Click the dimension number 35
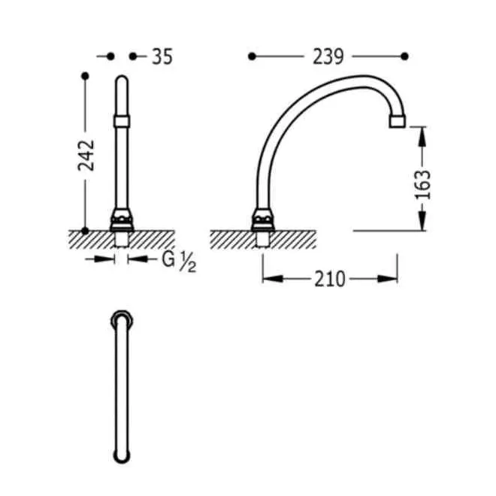[162, 57]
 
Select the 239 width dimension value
[328, 57]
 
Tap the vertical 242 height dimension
[86, 156]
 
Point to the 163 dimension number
[422, 185]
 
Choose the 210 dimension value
[330, 280]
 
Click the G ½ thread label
[179, 262]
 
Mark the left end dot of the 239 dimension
[252, 56]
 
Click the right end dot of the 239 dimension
[404, 56]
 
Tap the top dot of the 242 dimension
[85, 76]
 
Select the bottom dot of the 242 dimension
[85, 231]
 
